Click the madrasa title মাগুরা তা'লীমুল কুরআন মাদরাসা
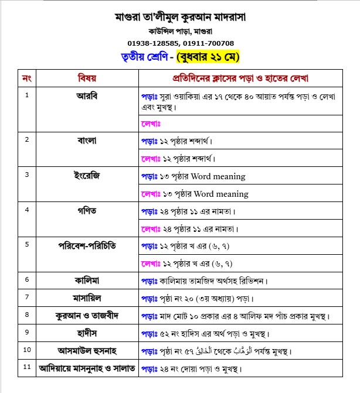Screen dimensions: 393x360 coord(181,17)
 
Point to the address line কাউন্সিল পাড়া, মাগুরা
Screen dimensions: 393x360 coord(181,31)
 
